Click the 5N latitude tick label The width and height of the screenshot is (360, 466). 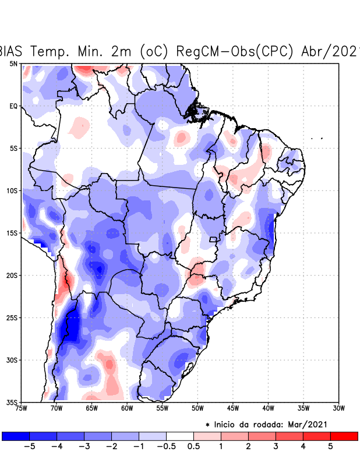(13, 63)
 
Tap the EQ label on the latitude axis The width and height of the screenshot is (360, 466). (13, 106)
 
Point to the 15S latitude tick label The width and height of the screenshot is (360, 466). (12, 233)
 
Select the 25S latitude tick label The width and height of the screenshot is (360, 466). (12, 318)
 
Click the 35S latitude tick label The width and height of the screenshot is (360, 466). (12, 403)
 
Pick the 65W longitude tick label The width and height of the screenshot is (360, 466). (91, 408)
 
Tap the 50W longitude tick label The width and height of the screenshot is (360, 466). (197, 408)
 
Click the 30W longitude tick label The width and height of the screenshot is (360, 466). (338, 408)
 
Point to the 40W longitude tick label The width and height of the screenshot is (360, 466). (268, 408)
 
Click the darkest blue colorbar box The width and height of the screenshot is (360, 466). (16, 436)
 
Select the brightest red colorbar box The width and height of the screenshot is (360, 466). (344, 436)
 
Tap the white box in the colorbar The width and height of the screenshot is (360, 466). (180, 436)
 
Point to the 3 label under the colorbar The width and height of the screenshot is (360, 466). (276, 447)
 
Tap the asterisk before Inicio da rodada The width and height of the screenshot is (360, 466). (208, 425)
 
